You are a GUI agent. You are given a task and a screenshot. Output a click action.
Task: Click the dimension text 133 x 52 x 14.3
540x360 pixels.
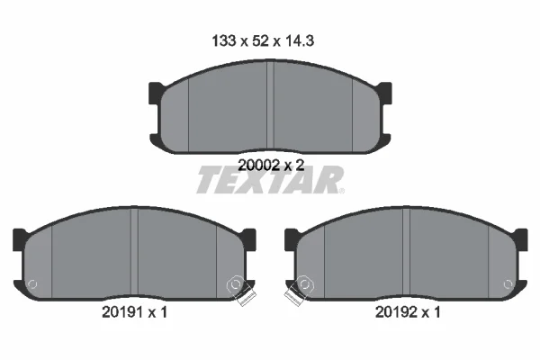point(263,41)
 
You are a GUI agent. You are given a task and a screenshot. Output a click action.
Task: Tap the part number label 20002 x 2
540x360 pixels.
point(271,166)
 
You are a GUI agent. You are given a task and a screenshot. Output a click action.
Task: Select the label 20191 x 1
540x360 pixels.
point(134,312)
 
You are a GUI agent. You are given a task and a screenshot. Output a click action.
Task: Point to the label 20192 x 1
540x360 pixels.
point(408,312)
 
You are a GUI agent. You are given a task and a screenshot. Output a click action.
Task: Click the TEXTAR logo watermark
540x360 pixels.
point(270,179)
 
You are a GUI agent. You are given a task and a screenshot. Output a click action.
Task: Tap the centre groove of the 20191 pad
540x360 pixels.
point(134,253)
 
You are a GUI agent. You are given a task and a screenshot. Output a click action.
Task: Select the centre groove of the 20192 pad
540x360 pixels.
point(406,253)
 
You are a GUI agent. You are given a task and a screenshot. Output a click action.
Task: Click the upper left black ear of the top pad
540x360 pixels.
point(156,93)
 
